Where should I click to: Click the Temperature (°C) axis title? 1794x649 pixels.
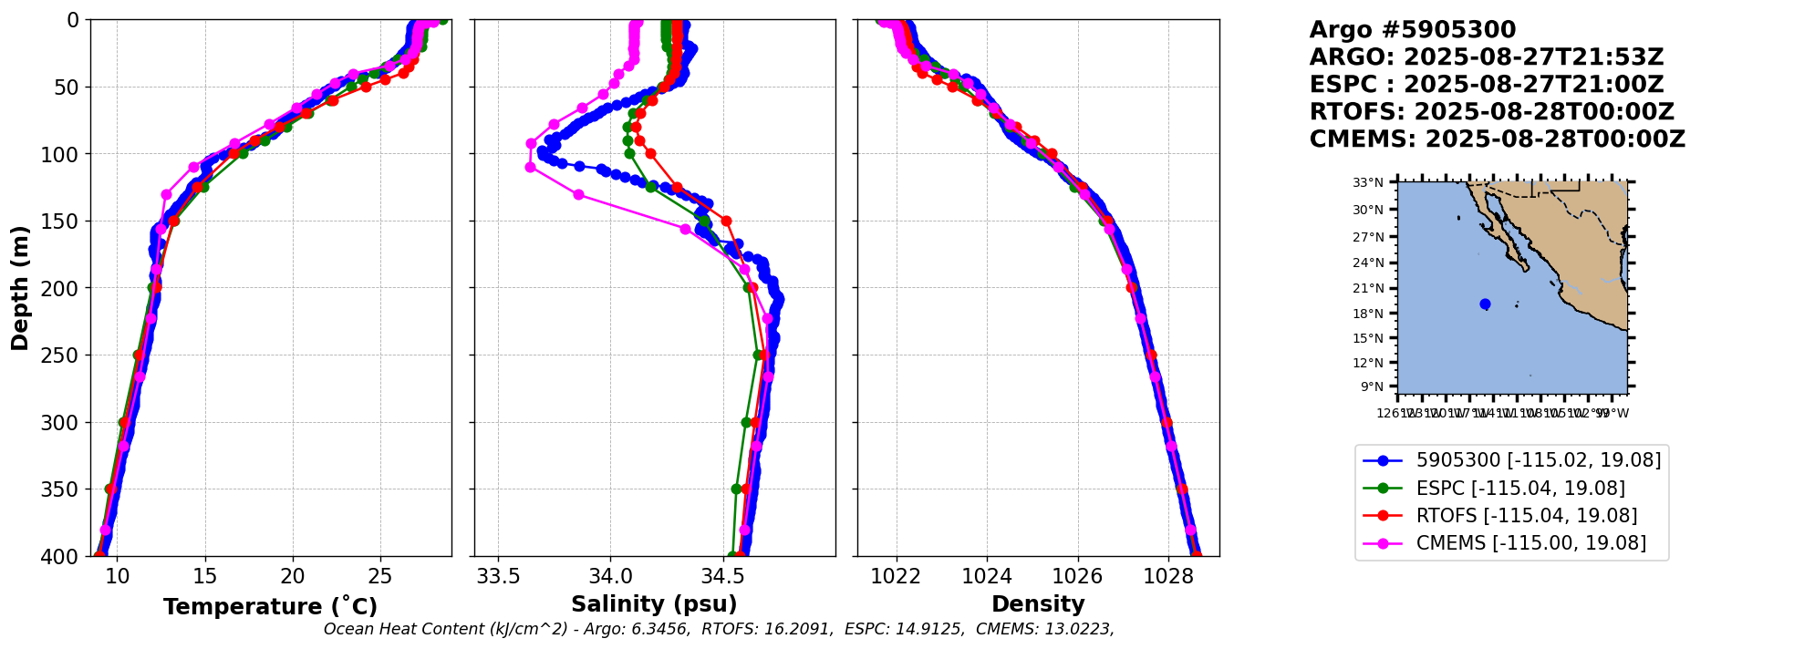pos(270,607)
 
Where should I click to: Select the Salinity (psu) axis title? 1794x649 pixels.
pos(654,604)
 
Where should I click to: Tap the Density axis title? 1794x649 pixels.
pos(1038,604)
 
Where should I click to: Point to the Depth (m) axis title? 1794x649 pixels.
pos(19,288)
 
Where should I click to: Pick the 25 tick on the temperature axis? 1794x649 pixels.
pos(380,577)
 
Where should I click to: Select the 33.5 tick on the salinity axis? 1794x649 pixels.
pos(499,577)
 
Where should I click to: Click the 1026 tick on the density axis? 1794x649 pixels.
pos(1077,577)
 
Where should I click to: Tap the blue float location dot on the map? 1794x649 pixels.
pos(1485,304)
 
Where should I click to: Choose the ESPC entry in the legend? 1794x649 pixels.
pos(1520,489)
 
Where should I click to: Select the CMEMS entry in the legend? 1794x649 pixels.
pos(1530,543)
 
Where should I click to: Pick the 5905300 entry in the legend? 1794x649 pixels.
pos(1538,460)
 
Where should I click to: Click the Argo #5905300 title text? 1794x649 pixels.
pos(1412,30)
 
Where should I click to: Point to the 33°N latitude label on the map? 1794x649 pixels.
pos(1367,182)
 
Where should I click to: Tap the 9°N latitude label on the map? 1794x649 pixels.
pos(1372,386)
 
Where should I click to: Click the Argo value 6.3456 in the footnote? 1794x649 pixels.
pos(660,629)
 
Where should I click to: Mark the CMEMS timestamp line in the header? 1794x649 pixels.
pos(1497,139)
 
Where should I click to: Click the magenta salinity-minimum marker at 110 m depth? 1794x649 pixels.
pos(530,168)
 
